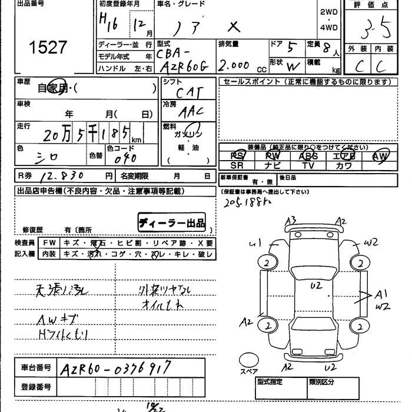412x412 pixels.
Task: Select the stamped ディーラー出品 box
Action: tap(172, 223)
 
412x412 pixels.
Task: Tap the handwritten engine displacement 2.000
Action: tap(234, 65)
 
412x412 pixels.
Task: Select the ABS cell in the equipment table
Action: tap(308, 155)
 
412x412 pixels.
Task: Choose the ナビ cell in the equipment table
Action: tap(273, 166)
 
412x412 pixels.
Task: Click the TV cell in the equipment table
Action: tap(308, 166)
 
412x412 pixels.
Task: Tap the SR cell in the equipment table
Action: tap(237, 166)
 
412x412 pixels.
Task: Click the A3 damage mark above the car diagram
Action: tap(291, 221)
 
